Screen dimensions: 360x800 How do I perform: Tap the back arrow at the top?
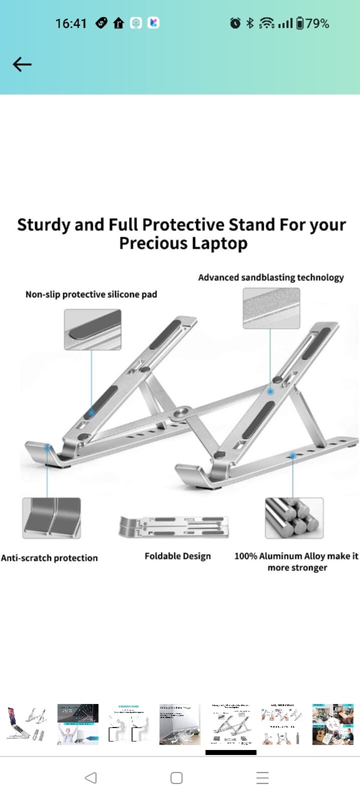[22, 64]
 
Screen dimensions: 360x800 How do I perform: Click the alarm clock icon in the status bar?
[235, 23]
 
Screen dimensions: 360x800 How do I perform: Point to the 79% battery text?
[317, 23]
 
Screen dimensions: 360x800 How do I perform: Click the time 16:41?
[70, 23]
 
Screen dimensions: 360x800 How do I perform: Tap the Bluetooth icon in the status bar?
[250, 23]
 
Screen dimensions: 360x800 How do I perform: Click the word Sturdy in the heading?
[43, 225]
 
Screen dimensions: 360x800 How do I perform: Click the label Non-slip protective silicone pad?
[91, 294]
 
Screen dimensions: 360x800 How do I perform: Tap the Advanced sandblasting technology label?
[270, 277]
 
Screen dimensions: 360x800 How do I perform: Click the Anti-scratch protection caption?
[49, 558]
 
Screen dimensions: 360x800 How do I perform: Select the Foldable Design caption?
[177, 556]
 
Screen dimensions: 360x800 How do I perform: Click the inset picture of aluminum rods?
[294, 518]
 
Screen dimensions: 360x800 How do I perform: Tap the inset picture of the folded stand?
[173, 526]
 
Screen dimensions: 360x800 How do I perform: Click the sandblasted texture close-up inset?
[271, 309]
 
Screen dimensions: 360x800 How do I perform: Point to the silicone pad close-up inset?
[92, 329]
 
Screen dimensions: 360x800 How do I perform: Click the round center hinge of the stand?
[180, 413]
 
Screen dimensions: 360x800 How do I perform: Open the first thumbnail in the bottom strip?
[26, 724]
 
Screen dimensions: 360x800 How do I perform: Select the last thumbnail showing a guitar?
[332, 724]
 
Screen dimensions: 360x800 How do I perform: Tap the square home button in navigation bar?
[176, 778]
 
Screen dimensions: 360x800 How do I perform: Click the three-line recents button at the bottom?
[262, 778]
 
